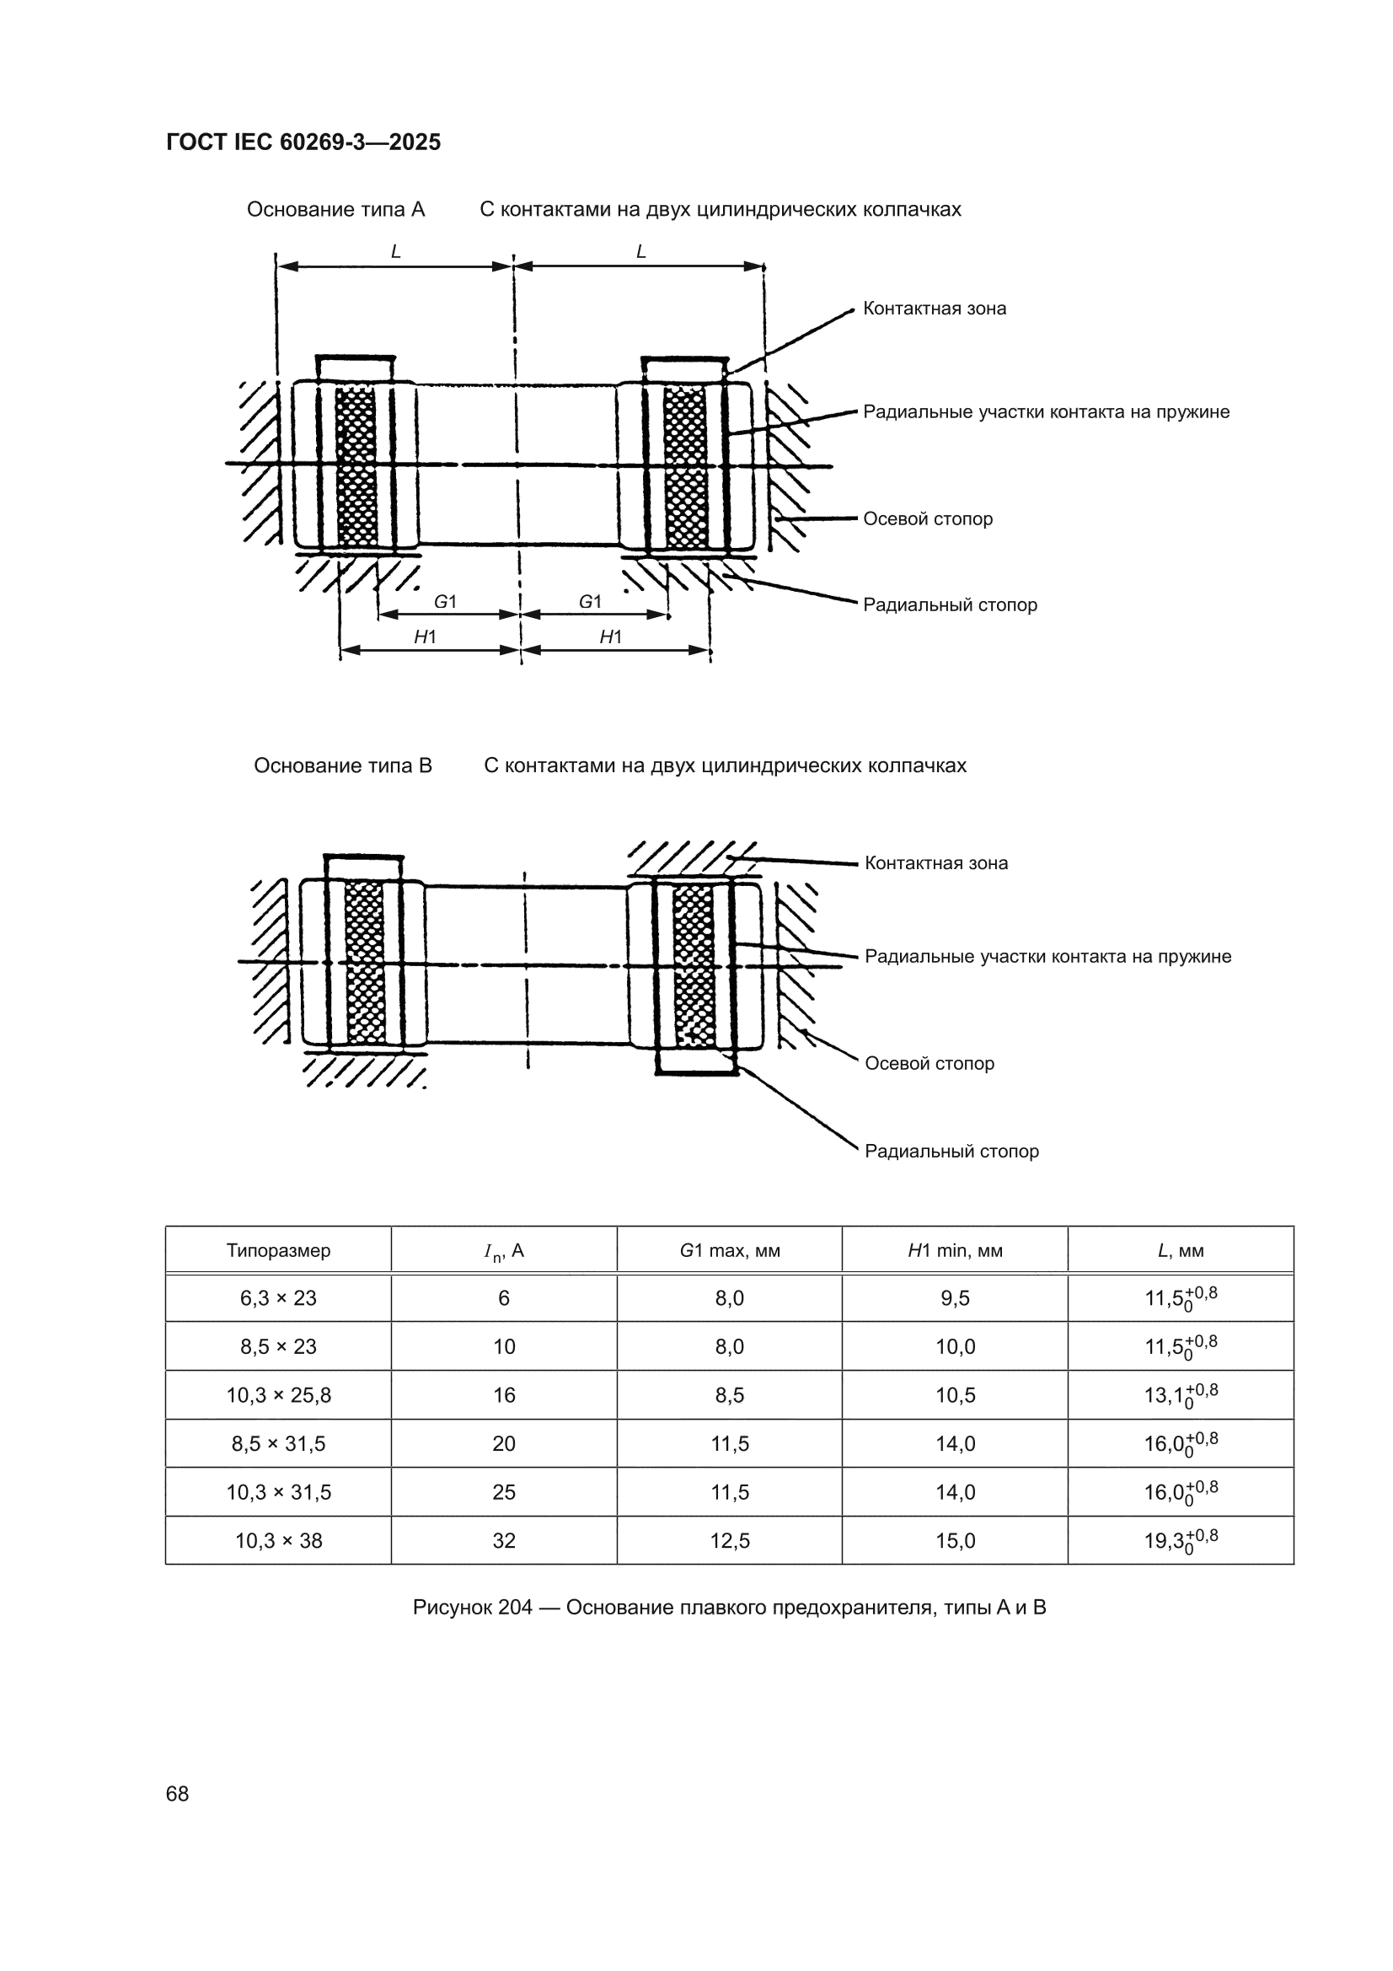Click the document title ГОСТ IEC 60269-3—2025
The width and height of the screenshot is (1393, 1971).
[303, 142]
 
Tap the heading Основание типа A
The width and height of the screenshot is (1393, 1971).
[335, 209]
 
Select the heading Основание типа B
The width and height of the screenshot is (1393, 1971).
[342, 765]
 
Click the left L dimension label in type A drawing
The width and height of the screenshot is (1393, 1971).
[396, 251]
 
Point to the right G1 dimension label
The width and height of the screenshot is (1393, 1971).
[591, 602]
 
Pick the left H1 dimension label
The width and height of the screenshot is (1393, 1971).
[426, 636]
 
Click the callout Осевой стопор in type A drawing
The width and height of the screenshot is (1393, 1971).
[928, 518]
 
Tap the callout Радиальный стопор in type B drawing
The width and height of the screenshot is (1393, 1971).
[951, 1151]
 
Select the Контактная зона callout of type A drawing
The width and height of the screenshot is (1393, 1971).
[935, 309]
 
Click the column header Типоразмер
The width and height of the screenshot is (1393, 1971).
[278, 1250]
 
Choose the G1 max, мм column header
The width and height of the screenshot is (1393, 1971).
[730, 1250]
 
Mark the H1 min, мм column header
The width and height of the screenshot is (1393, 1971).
[956, 1250]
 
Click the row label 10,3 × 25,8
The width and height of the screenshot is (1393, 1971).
[278, 1395]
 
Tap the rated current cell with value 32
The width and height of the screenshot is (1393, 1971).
[504, 1540]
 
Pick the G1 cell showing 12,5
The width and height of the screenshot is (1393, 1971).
[730, 1540]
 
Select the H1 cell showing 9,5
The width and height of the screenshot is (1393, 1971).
[956, 1298]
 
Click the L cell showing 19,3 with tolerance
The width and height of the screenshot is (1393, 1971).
[1181, 1540]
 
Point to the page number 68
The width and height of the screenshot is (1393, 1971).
[177, 1793]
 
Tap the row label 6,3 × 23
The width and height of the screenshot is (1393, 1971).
[278, 1298]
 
